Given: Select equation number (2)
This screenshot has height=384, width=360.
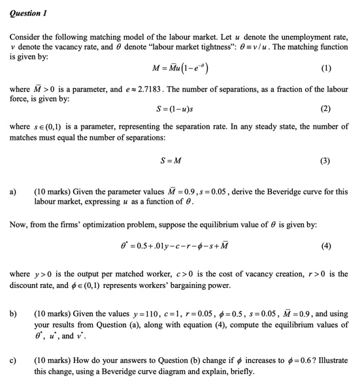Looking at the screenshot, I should (326, 109).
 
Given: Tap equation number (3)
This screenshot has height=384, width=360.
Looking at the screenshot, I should (326, 160).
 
